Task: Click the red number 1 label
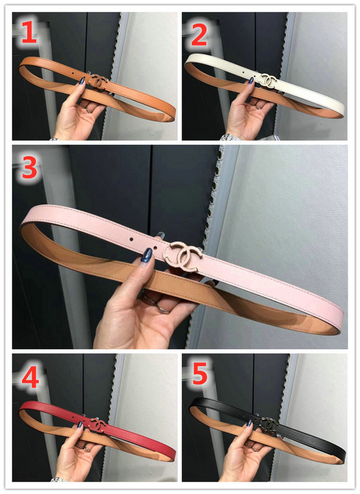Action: [30, 33]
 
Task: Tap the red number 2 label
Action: [199, 35]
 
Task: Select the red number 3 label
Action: [30, 167]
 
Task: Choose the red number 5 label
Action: [199, 374]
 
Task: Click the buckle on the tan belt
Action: [98, 82]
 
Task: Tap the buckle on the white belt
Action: [268, 80]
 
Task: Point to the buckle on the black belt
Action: [268, 423]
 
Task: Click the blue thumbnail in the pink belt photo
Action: [147, 255]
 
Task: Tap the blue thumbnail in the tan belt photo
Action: [82, 81]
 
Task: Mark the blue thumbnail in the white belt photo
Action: [251, 81]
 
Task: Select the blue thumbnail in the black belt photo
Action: [249, 423]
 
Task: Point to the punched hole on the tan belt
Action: [73, 73]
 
